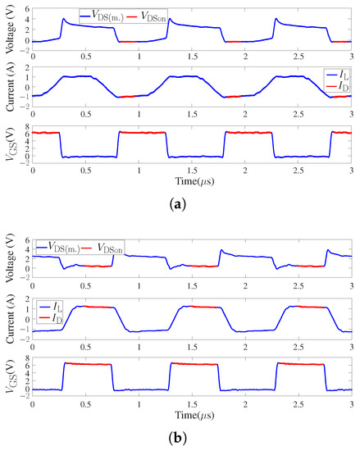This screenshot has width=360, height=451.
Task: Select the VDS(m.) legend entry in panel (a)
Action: (x=103, y=15)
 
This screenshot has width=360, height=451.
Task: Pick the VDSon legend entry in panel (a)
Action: (x=147, y=15)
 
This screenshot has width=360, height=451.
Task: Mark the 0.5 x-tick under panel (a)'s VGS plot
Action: (x=85, y=168)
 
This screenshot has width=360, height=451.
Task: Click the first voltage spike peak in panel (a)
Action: (x=63, y=18)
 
